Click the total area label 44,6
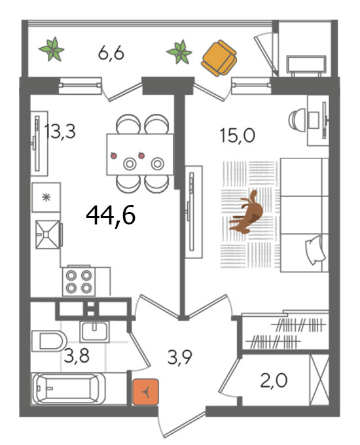pyautogui.click(x=111, y=215)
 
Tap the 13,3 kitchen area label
pyautogui.click(x=60, y=132)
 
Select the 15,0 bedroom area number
pyautogui.click(x=238, y=135)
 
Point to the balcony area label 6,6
pyautogui.click(x=111, y=53)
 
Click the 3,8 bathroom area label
pyautogui.click(x=77, y=356)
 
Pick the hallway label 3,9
pyautogui.click(x=180, y=357)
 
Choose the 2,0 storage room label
pyautogui.click(x=274, y=380)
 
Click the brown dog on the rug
pyautogui.click(x=247, y=212)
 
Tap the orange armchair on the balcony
pyautogui.click(x=219, y=58)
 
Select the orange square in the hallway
pyautogui.click(x=145, y=392)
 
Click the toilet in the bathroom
pyautogui.click(x=49, y=340)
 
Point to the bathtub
pyautogui.click(x=69, y=389)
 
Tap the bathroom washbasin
pyautogui.click(x=94, y=332)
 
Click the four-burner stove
pyautogui.click(x=79, y=281)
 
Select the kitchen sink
pyautogui.click(x=48, y=234)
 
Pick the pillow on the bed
pyautogui.click(x=315, y=250)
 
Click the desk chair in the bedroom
pyautogui.click(x=297, y=119)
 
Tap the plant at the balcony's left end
pyautogui.click(x=52, y=49)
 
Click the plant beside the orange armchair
pyautogui.click(x=179, y=52)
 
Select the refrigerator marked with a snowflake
pyautogui.click(x=46, y=197)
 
